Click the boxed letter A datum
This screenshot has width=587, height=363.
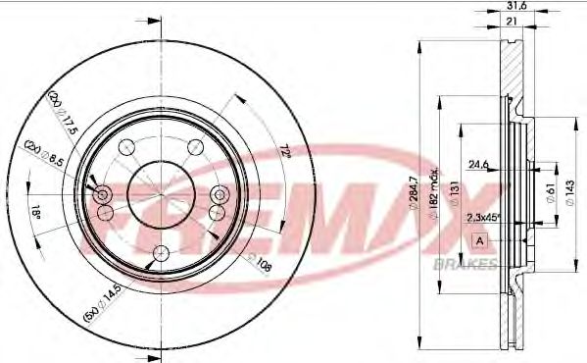click(479, 240)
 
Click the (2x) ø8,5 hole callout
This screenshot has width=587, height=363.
click(45, 155)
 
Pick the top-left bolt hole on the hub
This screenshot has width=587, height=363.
click(124, 148)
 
